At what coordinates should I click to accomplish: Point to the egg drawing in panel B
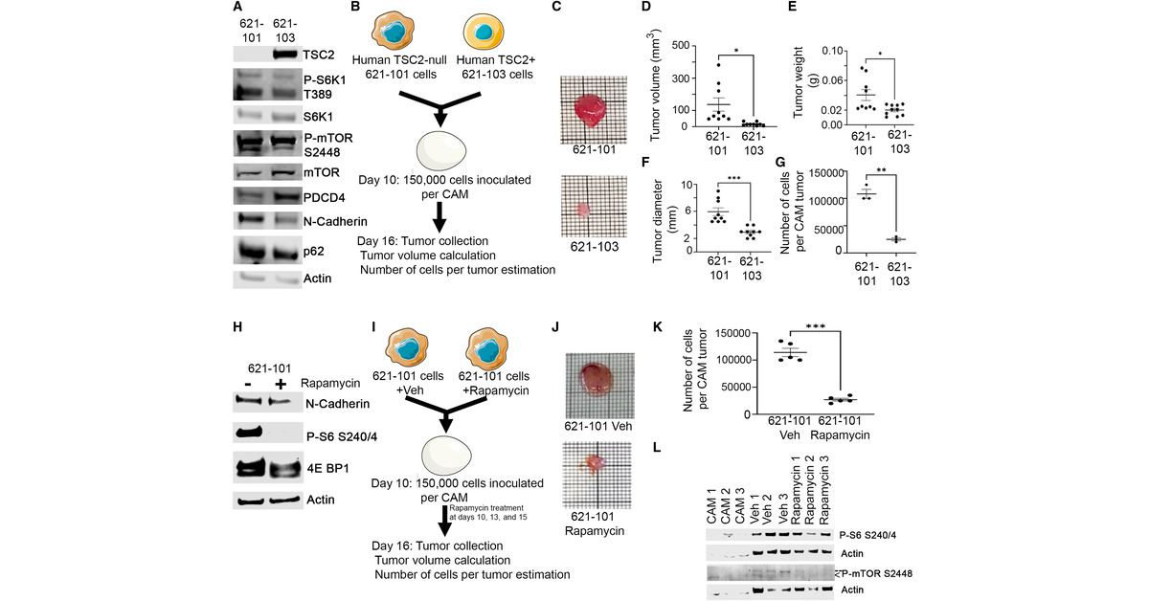pos(441,152)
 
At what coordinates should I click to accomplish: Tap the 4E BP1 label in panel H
pos(327,469)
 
